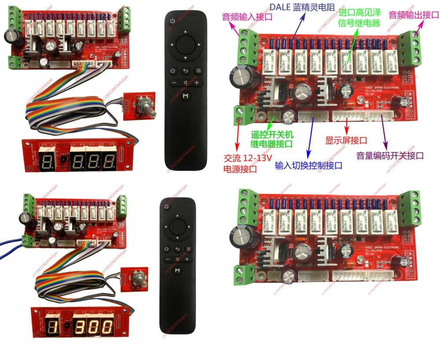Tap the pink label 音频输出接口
coord(413,15)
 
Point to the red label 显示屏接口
coord(346,141)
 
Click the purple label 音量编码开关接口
coord(390,155)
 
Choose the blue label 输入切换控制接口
coord(308,165)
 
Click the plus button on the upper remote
coord(197,83)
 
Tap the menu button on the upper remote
coord(198,70)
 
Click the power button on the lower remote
coord(166,207)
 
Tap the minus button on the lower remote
coord(168,260)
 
